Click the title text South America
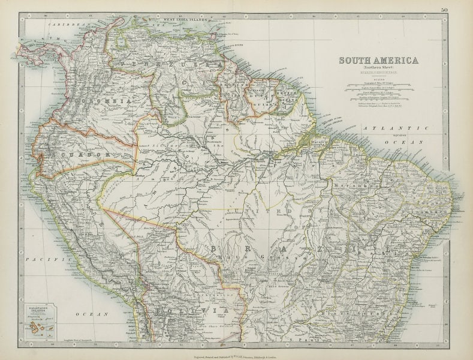(379, 60)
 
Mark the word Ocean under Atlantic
(414, 142)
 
